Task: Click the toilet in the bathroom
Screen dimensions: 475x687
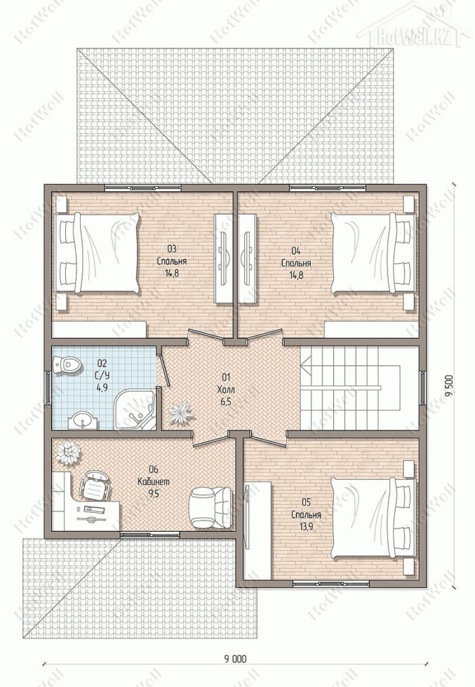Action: (x=66, y=365)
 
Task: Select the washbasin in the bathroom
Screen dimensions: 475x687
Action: (x=83, y=421)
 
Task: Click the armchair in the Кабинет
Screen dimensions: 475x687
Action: (x=211, y=507)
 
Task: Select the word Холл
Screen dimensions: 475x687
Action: (x=226, y=389)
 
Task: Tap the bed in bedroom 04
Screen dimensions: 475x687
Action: (x=373, y=253)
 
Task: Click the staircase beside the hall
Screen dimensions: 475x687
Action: (x=359, y=388)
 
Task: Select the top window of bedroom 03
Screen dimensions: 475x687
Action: (x=143, y=188)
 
